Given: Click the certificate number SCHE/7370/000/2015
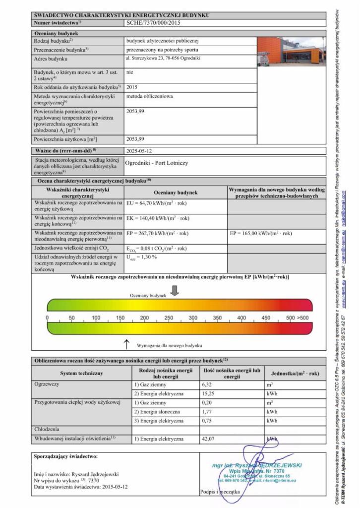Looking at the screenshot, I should pos(153,23).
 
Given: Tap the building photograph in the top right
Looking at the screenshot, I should pos(292,52).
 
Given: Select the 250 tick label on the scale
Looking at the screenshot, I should pos(169,318).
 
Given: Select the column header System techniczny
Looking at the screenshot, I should pos(81,374).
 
